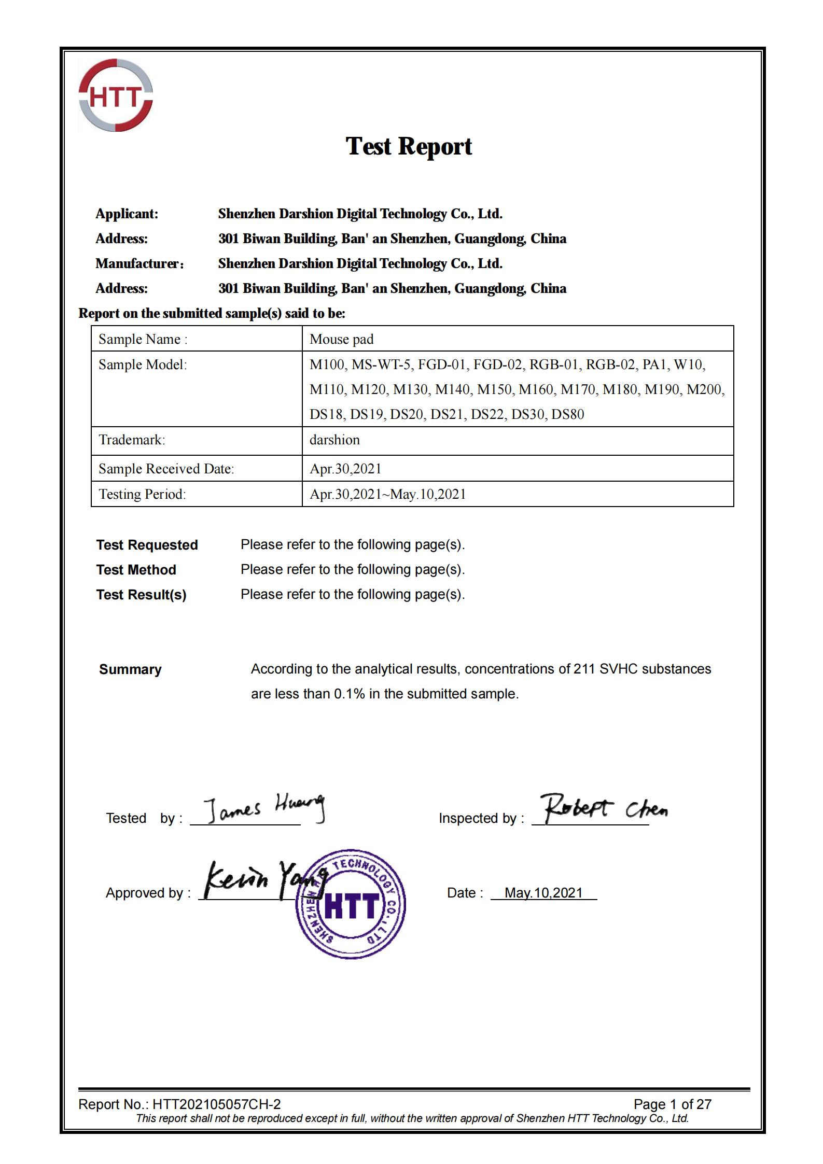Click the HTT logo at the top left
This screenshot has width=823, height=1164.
tap(116, 95)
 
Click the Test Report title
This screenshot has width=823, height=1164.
tap(409, 146)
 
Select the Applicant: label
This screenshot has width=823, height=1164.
tap(127, 214)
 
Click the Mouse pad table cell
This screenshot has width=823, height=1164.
tap(341, 339)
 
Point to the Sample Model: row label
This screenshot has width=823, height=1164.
tap(143, 364)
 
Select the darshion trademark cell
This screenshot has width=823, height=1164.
tap(334, 440)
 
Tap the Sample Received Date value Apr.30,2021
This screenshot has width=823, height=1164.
tap(345, 469)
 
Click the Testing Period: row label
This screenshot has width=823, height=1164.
tap(142, 494)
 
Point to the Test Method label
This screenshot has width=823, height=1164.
tap(136, 570)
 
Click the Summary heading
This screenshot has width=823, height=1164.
tap(130, 669)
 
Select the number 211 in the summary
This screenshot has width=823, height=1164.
tap(584, 669)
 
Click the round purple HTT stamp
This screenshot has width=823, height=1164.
tap(351, 904)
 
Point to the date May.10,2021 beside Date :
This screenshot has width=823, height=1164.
tap(543, 893)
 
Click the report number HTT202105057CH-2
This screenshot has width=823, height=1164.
tap(216, 1104)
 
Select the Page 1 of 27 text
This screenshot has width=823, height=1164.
tap(672, 1104)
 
